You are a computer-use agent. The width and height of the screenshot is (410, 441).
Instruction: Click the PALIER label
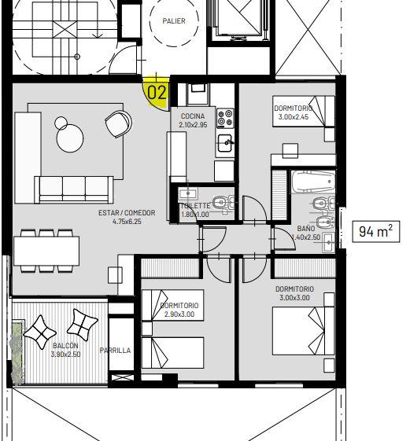point(174,20)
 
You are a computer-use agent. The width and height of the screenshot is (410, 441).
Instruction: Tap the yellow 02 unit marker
point(157,93)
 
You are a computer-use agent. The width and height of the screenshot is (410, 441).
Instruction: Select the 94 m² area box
point(376,231)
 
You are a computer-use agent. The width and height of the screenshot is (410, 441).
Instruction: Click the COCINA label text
point(193,116)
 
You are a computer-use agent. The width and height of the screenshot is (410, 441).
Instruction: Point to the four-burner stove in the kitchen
point(225,118)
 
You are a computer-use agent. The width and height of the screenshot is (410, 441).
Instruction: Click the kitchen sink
point(225,142)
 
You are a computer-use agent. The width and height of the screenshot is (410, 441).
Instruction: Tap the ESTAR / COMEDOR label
point(127,212)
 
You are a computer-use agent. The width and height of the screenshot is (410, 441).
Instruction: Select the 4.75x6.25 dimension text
point(127,222)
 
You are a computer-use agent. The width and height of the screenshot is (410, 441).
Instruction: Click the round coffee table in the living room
point(70,138)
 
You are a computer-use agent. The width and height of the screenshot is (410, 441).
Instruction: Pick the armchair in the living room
point(118,123)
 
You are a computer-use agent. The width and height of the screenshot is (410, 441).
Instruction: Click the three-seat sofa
point(74,189)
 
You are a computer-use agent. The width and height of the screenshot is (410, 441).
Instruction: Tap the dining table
point(46,251)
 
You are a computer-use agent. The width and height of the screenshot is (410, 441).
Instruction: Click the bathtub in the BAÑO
point(313,182)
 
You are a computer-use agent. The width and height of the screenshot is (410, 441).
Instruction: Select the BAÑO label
point(306,228)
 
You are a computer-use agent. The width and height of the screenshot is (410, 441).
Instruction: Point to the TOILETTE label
point(195,206)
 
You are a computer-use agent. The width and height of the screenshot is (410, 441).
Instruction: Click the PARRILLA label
point(115,351)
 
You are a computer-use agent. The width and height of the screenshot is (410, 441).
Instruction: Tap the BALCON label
point(65,345)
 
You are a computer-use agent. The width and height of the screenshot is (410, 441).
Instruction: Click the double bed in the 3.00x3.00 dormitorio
point(304,331)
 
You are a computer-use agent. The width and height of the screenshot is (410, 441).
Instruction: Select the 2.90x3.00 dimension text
point(179,314)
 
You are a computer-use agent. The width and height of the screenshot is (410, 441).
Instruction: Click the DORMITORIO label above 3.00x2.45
point(294,108)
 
